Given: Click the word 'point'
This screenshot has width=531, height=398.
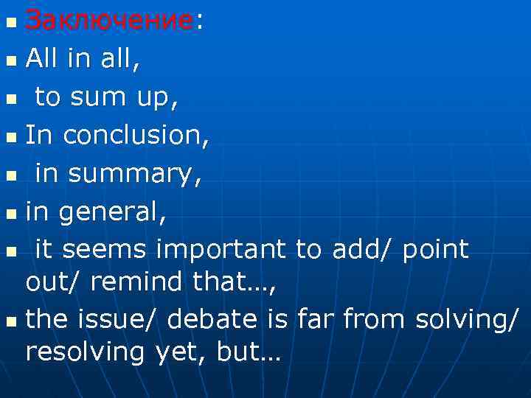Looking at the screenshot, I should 436,251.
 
